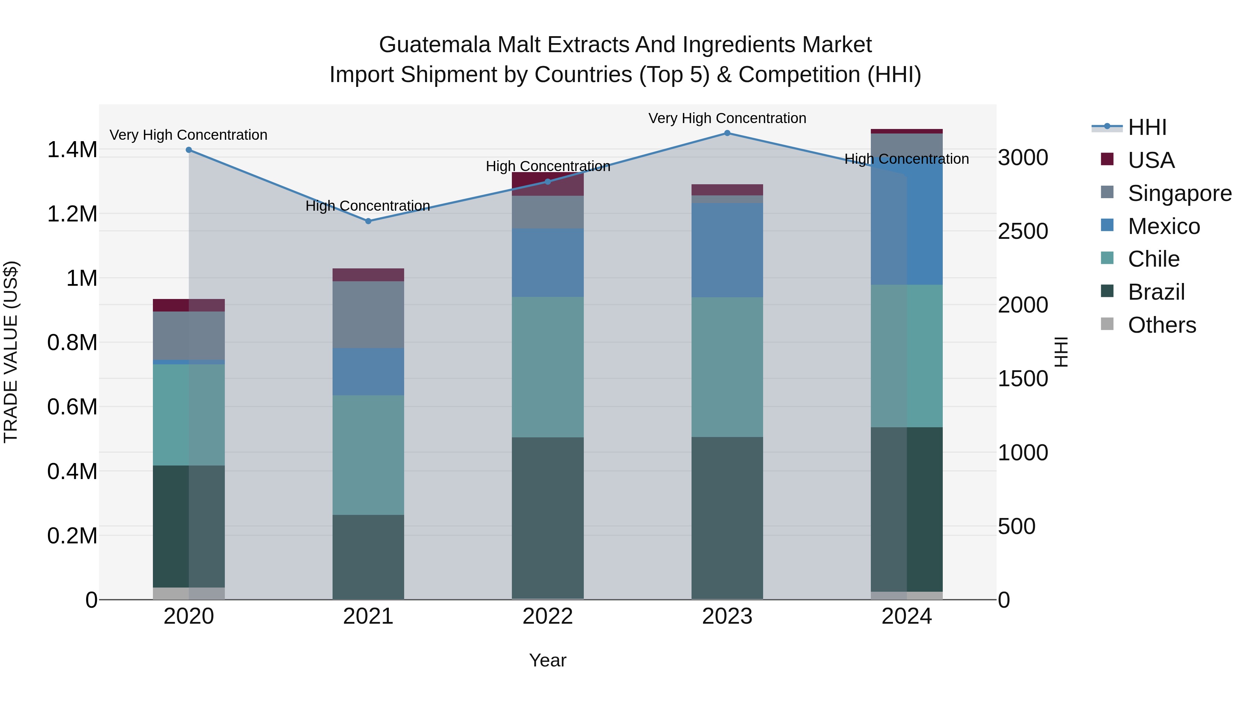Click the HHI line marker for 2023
(x=727, y=133)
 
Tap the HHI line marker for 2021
(x=368, y=221)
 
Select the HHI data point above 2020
(x=189, y=150)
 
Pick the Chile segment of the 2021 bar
(x=368, y=455)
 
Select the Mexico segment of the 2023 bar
(x=727, y=250)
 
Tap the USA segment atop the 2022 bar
(x=548, y=184)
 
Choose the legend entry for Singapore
(x=1179, y=193)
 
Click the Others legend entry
(x=1162, y=325)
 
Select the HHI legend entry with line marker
(x=1147, y=127)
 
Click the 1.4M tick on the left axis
(x=72, y=149)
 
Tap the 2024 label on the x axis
(x=906, y=616)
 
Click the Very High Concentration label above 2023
(x=727, y=118)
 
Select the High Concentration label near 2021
(x=368, y=206)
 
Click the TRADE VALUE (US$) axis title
(x=11, y=352)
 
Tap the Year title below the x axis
(x=547, y=660)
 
